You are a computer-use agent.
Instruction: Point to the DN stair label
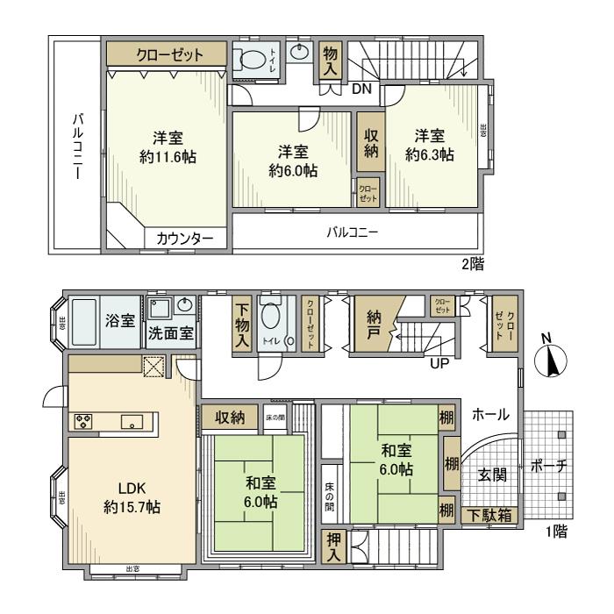[x=362, y=88]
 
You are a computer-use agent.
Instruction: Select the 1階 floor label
[x=554, y=532]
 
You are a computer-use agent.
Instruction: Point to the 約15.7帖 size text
[x=132, y=506]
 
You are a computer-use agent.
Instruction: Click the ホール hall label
[x=490, y=415]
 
